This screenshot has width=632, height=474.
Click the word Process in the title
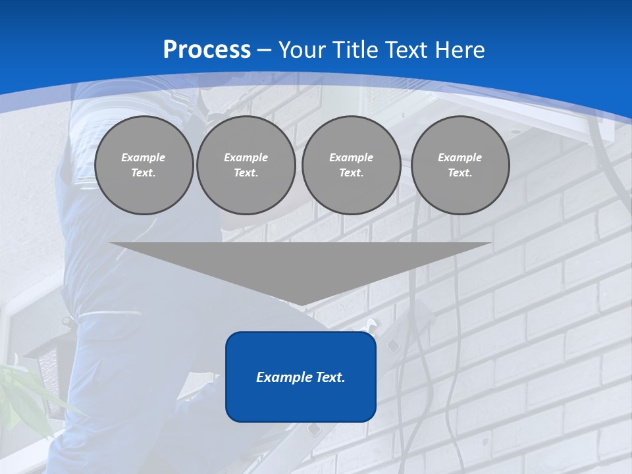pyautogui.click(x=207, y=50)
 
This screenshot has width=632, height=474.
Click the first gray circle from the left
pyautogui.click(x=144, y=165)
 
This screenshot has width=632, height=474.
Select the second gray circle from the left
pyautogui.click(x=246, y=165)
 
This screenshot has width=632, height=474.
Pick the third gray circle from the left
pyautogui.click(x=351, y=165)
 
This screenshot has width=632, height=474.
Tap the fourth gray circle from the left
pyautogui.click(x=460, y=165)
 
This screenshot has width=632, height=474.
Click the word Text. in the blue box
pyautogui.click(x=329, y=377)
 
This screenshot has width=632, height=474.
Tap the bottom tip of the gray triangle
pyautogui.click(x=301, y=305)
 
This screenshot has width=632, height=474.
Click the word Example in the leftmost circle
pyautogui.click(x=144, y=157)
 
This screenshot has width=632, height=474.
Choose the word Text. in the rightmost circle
pyautogui.click(x=460, y=173)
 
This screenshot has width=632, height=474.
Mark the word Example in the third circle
pyautogui.click(x=351, y=157)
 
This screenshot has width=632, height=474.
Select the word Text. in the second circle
pyautogui.click(x=246, y=173)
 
